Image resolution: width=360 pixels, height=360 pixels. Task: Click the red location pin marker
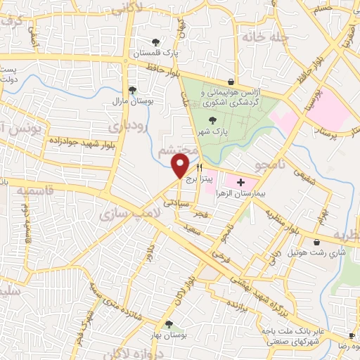click(180, 166)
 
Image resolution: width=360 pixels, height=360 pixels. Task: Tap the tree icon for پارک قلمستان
click(155, 41)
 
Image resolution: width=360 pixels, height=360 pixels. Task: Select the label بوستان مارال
click(133, 101)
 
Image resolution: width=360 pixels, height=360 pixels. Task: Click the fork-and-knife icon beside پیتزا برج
click(200, 168)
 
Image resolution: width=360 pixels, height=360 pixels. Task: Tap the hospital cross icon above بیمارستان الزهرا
click(240, 181)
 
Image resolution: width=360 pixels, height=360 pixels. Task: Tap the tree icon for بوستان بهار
click(168, 323)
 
